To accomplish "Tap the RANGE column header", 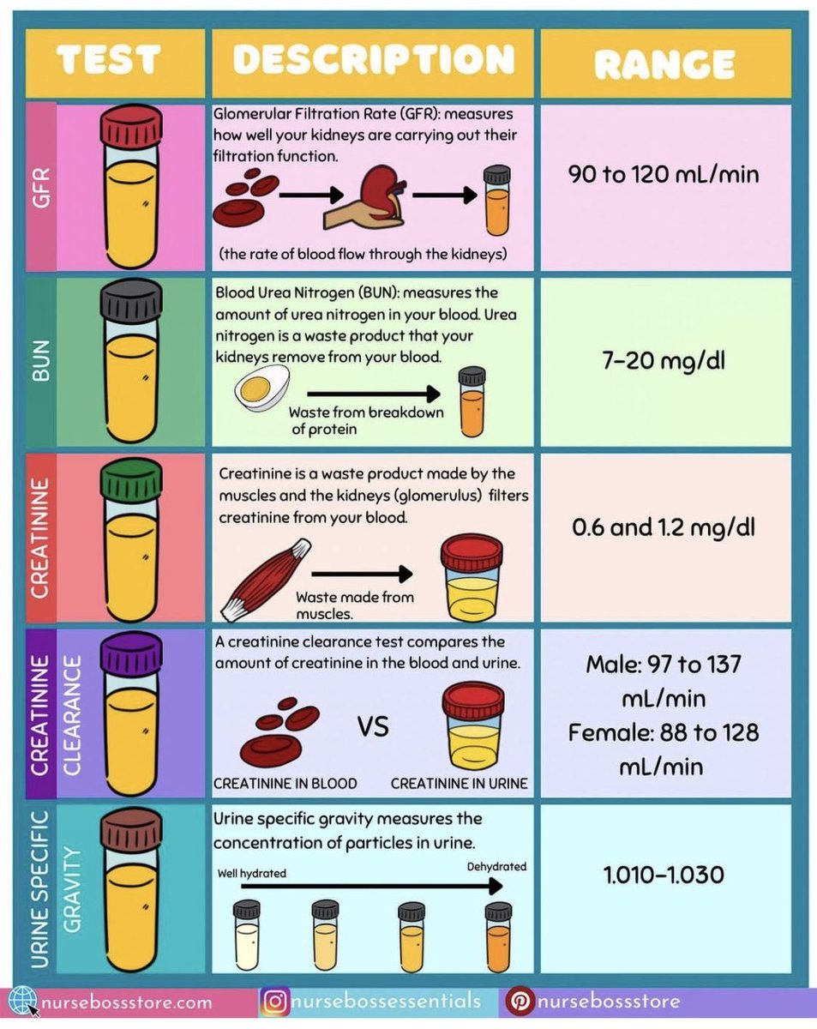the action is point(664,63).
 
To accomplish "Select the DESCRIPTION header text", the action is point(373,61).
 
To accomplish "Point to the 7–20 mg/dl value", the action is point(664,360).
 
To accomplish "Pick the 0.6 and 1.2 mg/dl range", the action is point(664,526).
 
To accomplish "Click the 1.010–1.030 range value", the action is point(664,875).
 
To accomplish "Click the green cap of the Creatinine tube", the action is point(130,478).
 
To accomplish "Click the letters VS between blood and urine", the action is point(373,728).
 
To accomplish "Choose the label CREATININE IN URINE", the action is point(459,783).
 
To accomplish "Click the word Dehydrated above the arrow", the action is point(496,866).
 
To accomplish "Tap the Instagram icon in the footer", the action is point(274,1001).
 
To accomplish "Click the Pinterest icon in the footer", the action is point(520,1001).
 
